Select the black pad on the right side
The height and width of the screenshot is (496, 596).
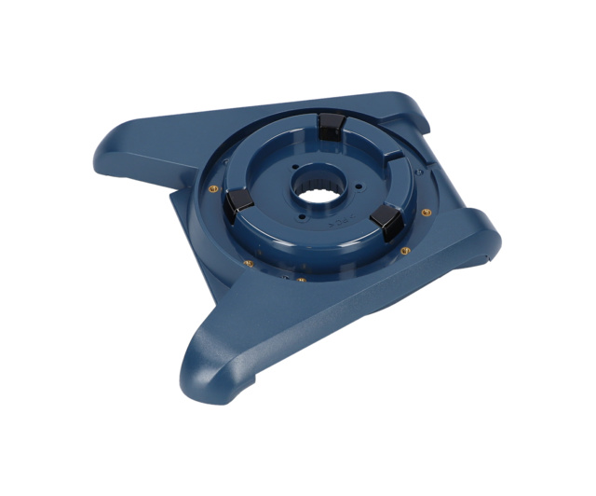pos(385,220)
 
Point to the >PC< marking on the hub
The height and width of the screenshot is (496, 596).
pos(334,223)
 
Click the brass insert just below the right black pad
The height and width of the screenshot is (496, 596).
pos(402,250)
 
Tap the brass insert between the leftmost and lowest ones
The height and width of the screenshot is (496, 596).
pos(249,262)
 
